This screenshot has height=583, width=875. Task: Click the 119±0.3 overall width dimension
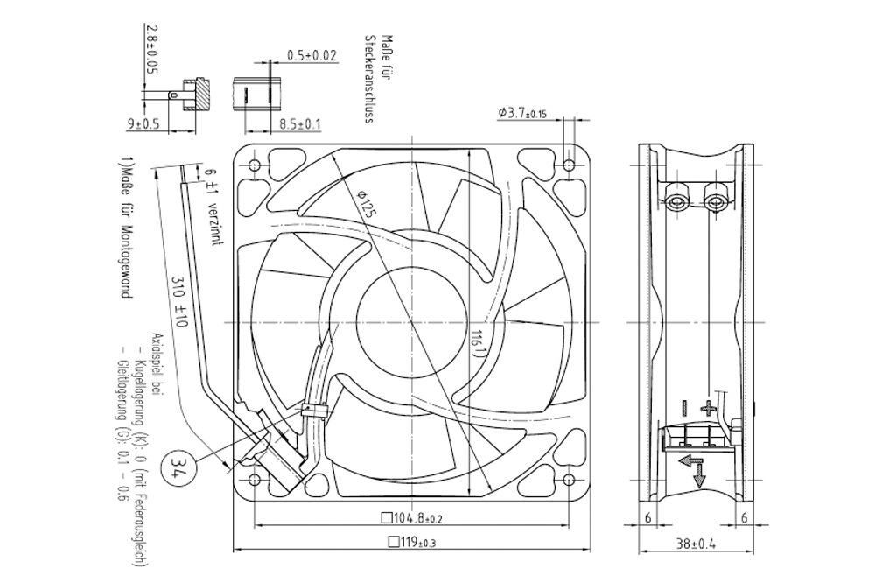click(x=411, y=542)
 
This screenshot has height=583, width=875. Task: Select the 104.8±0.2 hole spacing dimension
click(x=411, y=518)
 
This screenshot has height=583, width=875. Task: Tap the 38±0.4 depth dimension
click(x=696, y=544)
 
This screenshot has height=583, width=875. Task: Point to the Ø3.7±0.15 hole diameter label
click(x=522, y=114)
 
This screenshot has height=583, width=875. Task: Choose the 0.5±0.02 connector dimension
click(x=312, y=55)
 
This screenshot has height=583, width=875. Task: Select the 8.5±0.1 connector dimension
click(x=300, y=124)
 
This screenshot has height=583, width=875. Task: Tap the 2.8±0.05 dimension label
click(x=151, y=49)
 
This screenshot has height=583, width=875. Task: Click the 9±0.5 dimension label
click(x=143, y=123)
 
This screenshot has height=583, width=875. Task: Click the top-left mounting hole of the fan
click(x=254, y=165)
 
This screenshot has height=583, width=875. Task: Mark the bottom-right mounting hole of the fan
click(x=569, y=480)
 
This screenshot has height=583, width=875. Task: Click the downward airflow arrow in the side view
click(x=699, y=474)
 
